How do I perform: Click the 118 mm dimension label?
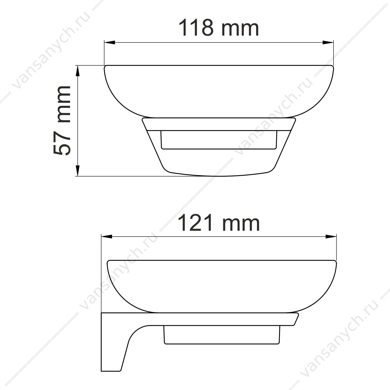point(219,28)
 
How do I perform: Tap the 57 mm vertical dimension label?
point(62,120)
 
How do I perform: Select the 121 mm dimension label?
point(219,223)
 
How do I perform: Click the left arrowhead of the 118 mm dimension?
point(109,43)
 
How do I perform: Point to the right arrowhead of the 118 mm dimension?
point(328,43)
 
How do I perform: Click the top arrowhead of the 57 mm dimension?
point(77,71)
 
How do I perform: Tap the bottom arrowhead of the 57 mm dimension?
point(77,171)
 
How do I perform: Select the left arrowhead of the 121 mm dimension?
point(107,237)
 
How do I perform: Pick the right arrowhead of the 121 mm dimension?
point(331,237)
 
